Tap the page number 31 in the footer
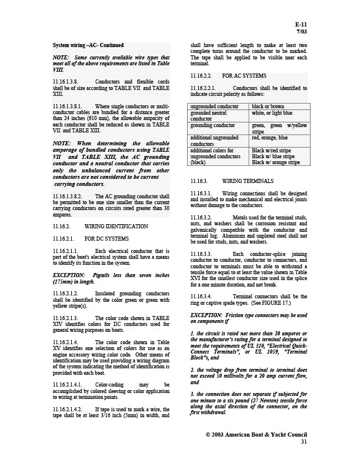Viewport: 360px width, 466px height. [304, 441]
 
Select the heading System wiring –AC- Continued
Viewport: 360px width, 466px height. [88, 45]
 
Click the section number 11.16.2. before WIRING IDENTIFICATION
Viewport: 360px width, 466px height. [62, 226]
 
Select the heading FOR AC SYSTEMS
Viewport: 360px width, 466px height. [244, 76]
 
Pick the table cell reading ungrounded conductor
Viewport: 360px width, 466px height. [214, 106]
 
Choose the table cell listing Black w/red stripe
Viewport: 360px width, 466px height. [272, 150]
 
